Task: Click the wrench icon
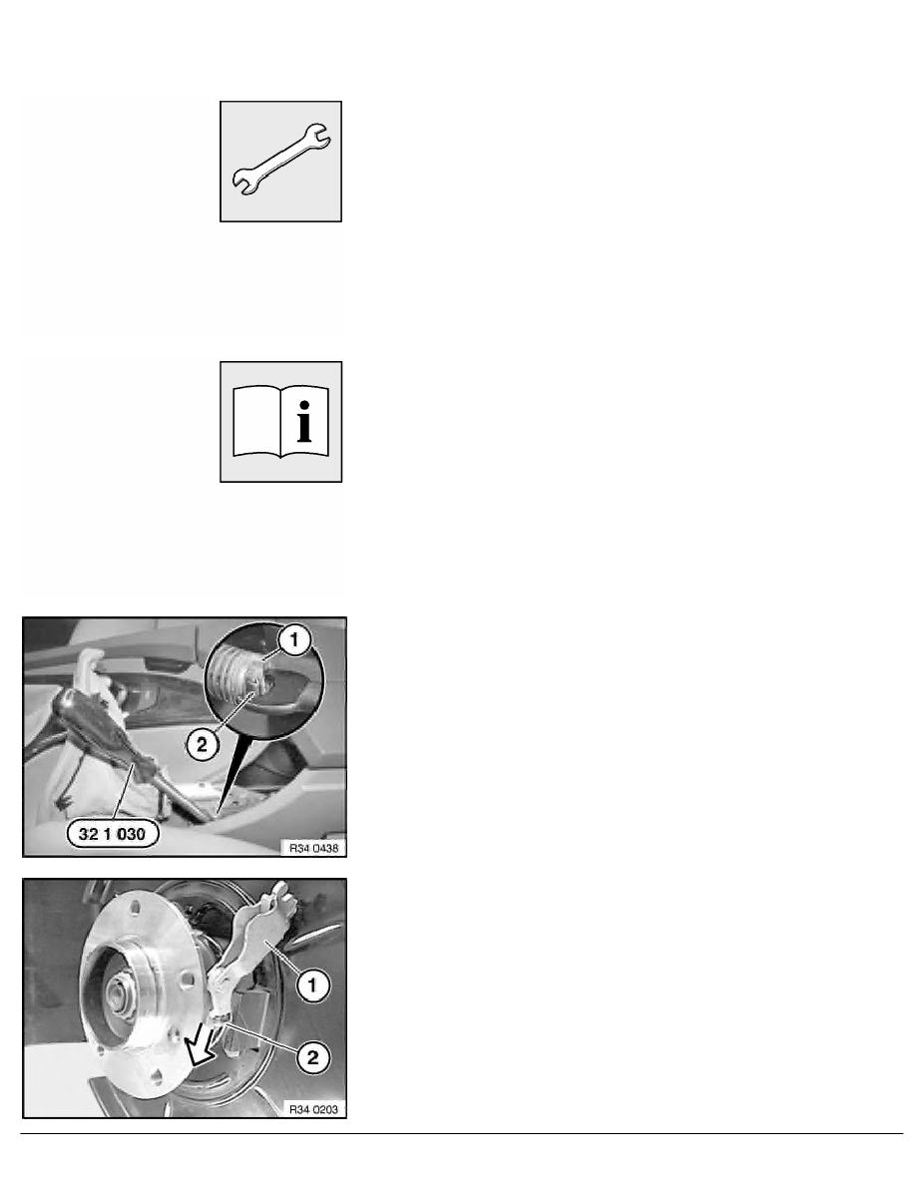(x=281, y=160)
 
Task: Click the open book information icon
(x=281, y=422)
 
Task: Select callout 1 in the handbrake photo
(x=294, y=640)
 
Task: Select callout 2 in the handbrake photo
(x=202, y=745)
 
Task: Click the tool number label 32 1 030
(x=113, y=834)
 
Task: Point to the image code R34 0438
(x=313, y=848)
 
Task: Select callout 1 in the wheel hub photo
(x=312, y=986)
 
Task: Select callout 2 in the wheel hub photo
(x=313, y=1057)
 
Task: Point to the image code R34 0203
(x=313, y=1109)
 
